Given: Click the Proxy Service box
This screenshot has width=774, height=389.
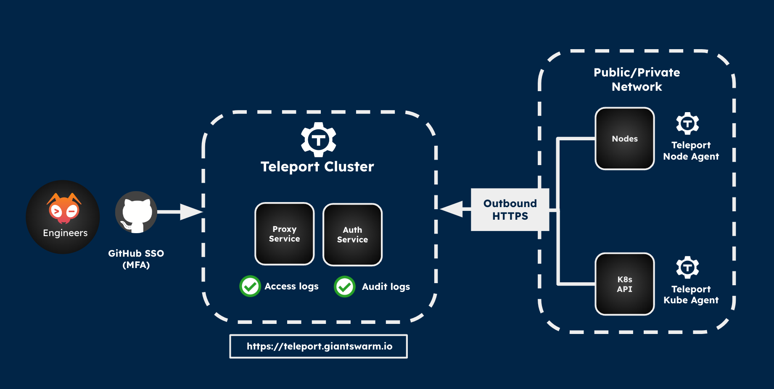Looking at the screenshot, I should click(x=285, y=234).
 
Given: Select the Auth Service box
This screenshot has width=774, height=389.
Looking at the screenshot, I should click(x=352, y=235).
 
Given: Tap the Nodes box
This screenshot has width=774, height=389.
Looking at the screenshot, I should click(x=625, y=139).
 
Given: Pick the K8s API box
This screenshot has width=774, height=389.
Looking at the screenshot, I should click(x=625, y=284).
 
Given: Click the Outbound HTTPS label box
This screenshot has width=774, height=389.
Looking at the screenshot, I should click(x=510, y=210).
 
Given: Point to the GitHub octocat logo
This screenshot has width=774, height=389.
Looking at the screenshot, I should click(x=136, y=212).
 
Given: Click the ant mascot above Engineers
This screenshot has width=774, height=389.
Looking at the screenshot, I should click(x=64, y=208).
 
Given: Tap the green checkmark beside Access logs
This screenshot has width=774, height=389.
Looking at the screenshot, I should click(x=250, y=286).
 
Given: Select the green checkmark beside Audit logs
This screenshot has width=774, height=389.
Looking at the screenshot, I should click(x=345, y=287).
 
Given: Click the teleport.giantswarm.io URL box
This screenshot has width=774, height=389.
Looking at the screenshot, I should click(x=318, y=346).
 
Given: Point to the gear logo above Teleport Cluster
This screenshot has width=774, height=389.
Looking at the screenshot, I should click(x=319, y=139).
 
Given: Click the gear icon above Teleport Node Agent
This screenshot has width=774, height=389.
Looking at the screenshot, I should click(x=687, y=124).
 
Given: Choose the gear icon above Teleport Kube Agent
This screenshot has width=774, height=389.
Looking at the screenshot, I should click(x=687, y=267).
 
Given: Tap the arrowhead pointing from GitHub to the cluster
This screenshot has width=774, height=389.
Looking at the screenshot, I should click(x=191, y=212).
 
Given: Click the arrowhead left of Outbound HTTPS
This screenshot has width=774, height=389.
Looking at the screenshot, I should click(x=452, y=209).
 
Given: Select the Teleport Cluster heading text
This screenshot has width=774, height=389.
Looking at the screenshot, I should click(x=317, y=167).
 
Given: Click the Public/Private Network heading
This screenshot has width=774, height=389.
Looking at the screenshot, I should click(x=637, y=79).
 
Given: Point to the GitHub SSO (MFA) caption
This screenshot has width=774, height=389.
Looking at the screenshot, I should click(x=136, y=259).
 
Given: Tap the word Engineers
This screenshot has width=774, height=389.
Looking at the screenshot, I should click(x=65, y=233).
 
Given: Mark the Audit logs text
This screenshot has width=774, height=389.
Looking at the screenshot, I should click(x=386, y=287).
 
